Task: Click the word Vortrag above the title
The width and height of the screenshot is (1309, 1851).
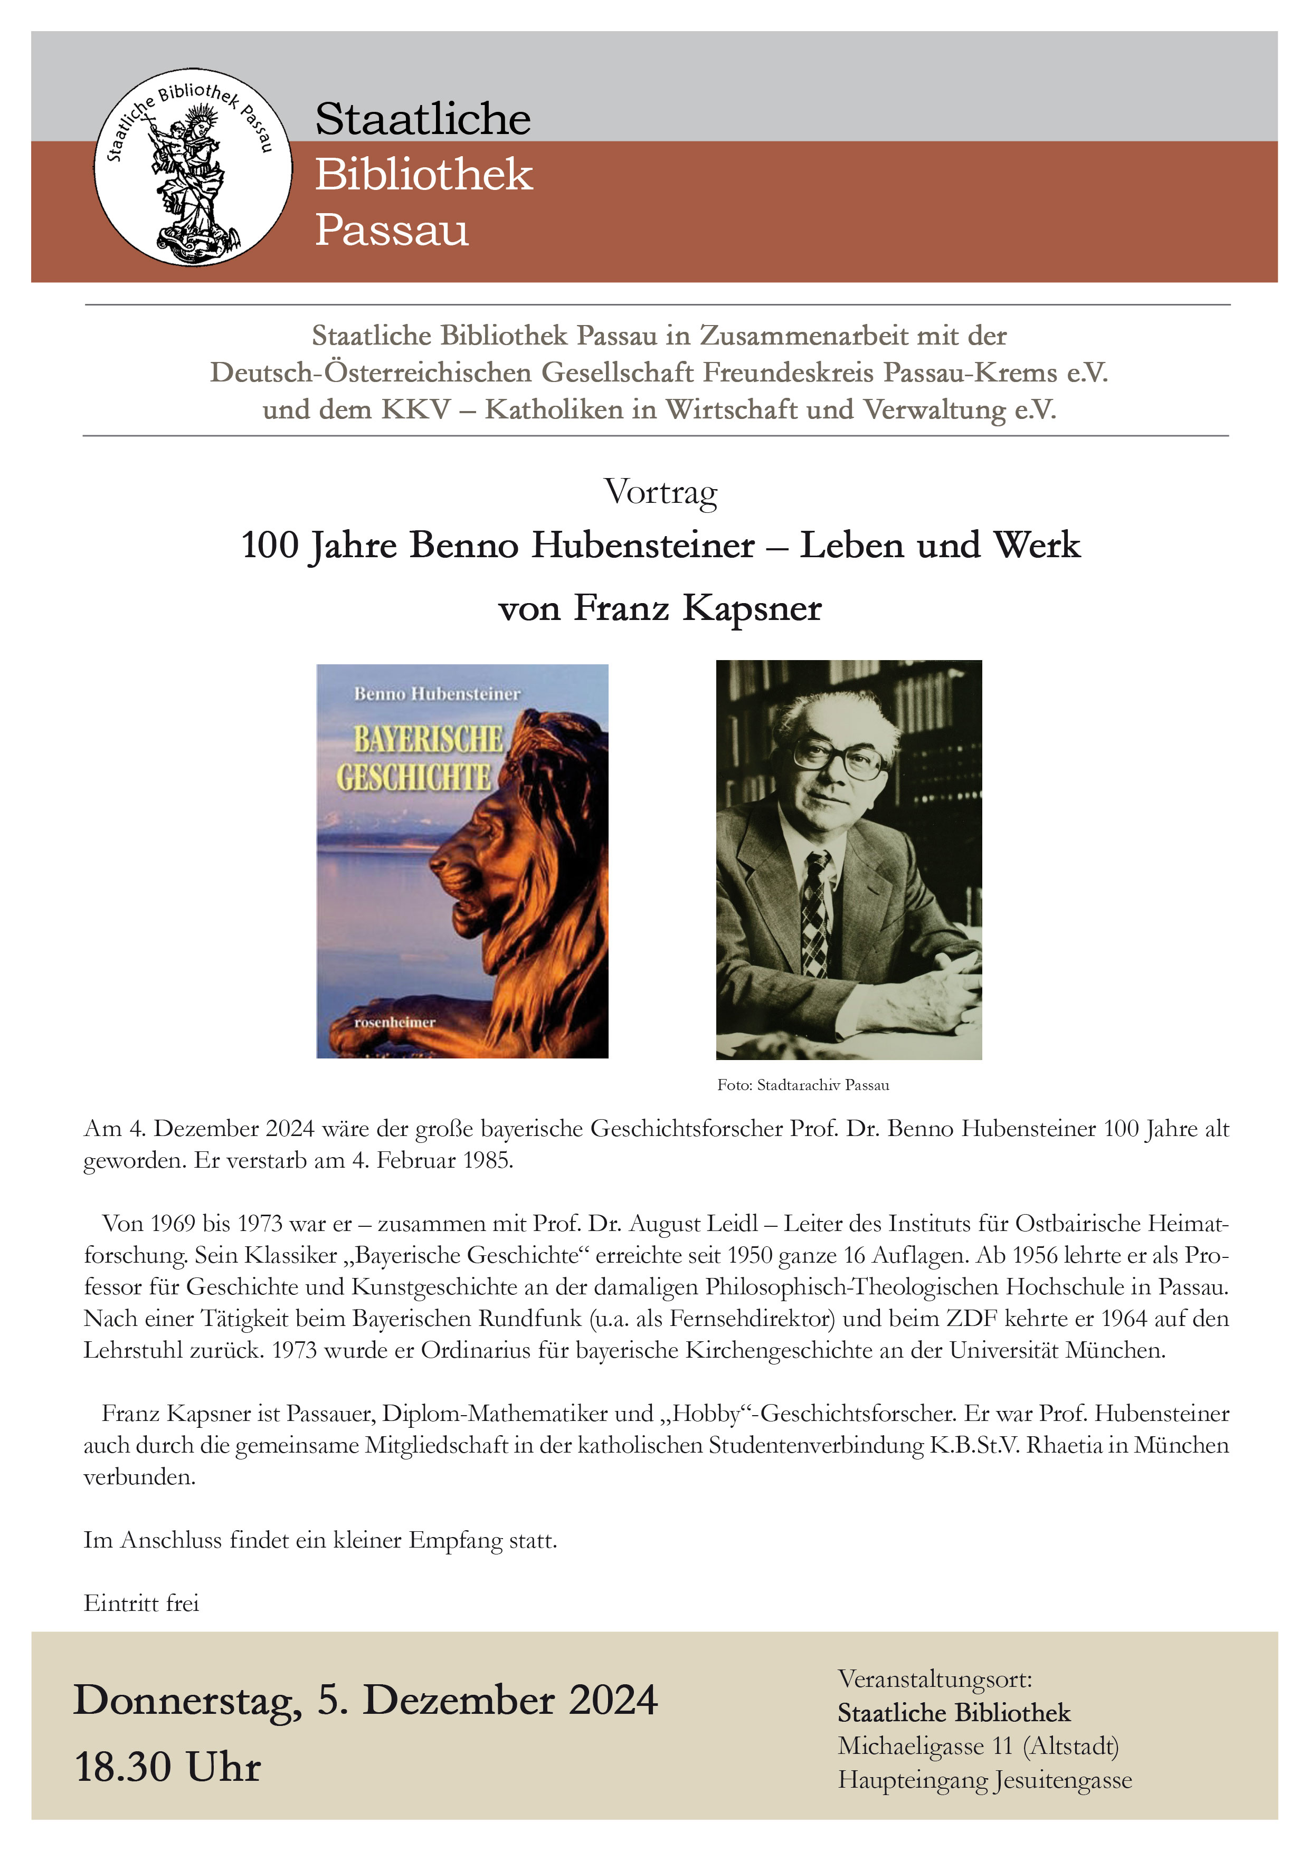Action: click(x=660, y=492)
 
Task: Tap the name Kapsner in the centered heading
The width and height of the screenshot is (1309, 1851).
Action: click(x=752, y=608)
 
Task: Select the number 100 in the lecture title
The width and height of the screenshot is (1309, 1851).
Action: click(x=270, y=545)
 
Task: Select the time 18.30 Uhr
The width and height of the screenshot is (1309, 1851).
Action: click(x=168, y=1767)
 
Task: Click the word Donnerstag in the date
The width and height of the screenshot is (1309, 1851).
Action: click(x=187, y=1701)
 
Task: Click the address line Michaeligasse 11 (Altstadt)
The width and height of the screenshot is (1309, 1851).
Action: click(x=978, y=1745)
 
